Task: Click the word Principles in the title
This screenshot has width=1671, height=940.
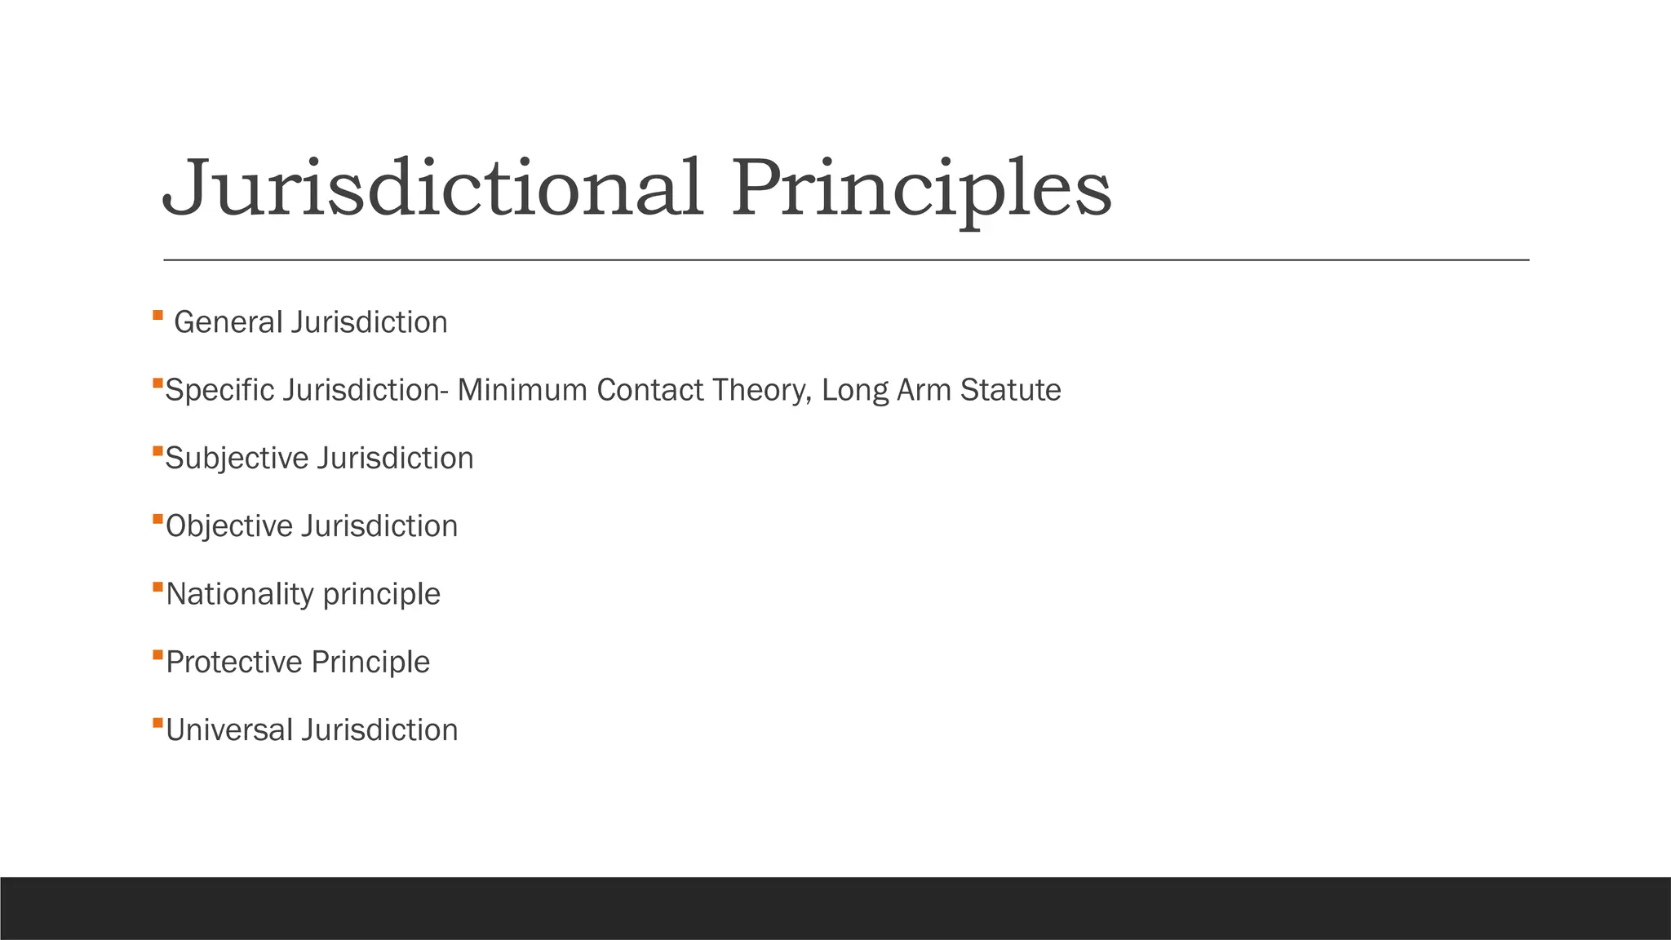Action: [x=920, y=189]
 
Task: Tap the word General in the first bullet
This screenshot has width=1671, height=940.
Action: [x=228, y=322]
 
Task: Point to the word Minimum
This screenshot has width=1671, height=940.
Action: [x=522, y=390]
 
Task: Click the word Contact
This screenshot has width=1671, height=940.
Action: [x=650, y=390]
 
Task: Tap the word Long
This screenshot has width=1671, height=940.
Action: [x=854, y=391]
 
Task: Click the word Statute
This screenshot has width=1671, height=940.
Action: [x=1010, y=390]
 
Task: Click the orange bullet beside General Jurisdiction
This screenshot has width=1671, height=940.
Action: [x=157, y=315]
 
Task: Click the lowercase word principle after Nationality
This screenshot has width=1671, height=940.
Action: [x=381, y=595]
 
